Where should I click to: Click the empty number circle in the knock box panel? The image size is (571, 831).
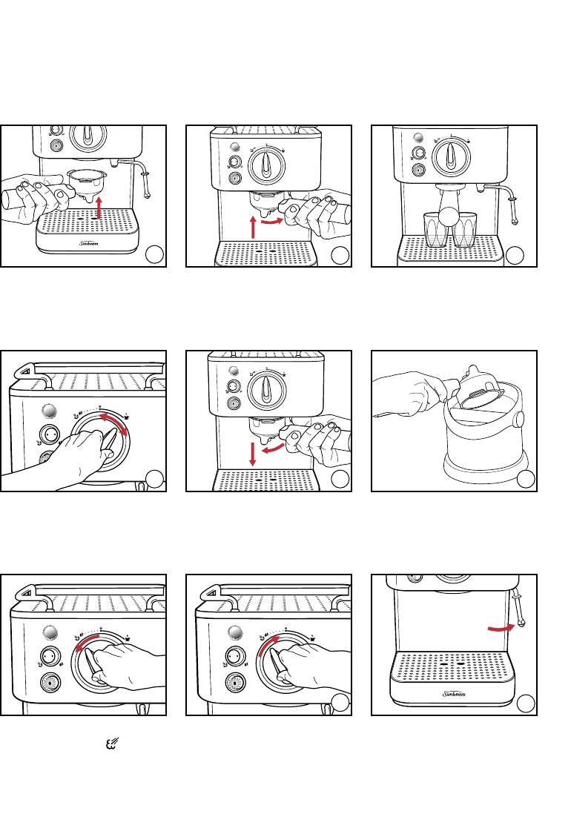click(525, 479)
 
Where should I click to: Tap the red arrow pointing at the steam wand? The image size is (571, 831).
click(500, 627)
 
